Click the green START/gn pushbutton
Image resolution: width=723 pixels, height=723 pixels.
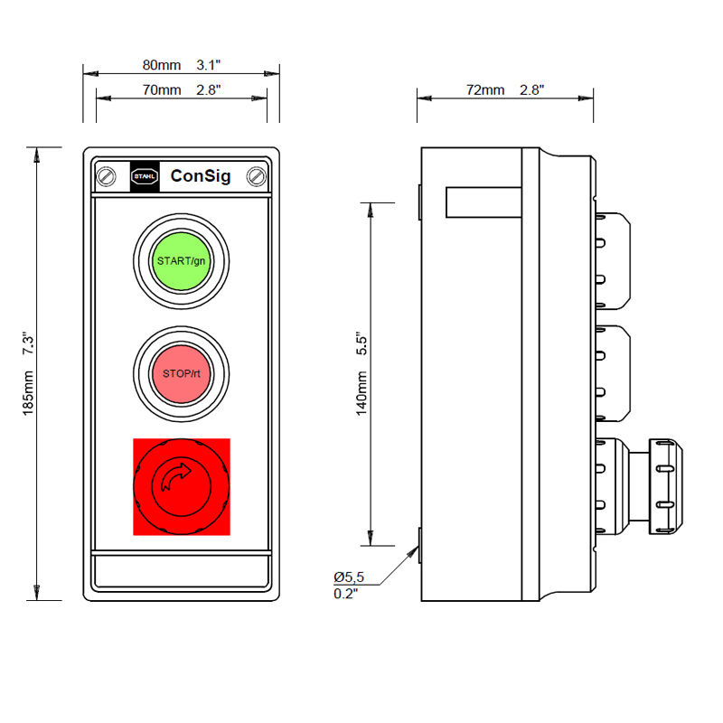[181, 260]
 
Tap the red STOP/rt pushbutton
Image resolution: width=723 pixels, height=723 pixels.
[181, 373]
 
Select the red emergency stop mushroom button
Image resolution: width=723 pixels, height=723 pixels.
[181, 486]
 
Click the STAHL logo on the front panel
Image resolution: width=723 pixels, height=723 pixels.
[145, 176]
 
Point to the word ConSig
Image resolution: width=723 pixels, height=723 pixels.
[201, 176]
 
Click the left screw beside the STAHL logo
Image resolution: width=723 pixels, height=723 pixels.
[108, 176]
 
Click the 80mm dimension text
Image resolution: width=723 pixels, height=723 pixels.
[162, 65]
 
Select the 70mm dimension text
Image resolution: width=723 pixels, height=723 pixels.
[162, 90]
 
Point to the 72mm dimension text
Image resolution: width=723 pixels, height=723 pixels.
[485, 90]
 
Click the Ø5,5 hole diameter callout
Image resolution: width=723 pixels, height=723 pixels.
[348, 577]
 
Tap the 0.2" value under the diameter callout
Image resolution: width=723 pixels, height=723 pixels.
[346, 594]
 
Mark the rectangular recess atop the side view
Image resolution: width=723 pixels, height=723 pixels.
[484, 202]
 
